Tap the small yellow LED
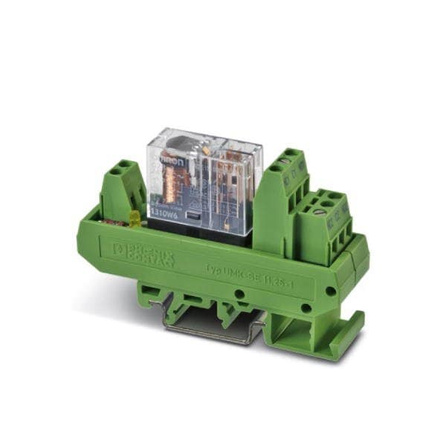135,219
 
